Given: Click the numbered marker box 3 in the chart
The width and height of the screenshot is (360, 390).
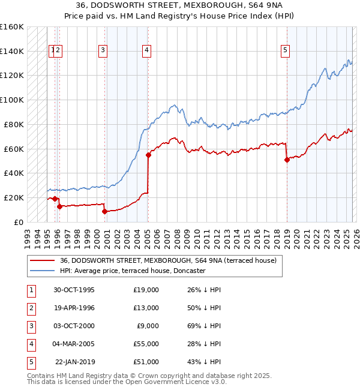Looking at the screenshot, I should [103, 51].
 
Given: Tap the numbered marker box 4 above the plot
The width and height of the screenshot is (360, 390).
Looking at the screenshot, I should [146, 51].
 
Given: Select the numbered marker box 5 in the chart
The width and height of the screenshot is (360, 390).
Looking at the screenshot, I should [285, 51].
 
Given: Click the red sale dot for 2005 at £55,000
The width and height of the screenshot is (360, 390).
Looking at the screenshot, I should [148, 155].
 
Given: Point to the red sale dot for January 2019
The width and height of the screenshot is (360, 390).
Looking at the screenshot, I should [287, 160].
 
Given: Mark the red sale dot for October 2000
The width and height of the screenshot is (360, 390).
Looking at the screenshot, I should [104, 211].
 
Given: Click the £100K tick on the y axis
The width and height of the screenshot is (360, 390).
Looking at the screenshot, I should [13, 100].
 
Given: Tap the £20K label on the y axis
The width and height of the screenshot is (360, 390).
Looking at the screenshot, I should [14, 197].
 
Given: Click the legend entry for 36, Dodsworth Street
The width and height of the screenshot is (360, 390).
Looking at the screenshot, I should [168, 260].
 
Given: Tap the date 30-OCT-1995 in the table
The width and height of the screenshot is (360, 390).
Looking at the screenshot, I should [74, 290].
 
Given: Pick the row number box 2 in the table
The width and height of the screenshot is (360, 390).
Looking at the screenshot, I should [30, 308].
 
